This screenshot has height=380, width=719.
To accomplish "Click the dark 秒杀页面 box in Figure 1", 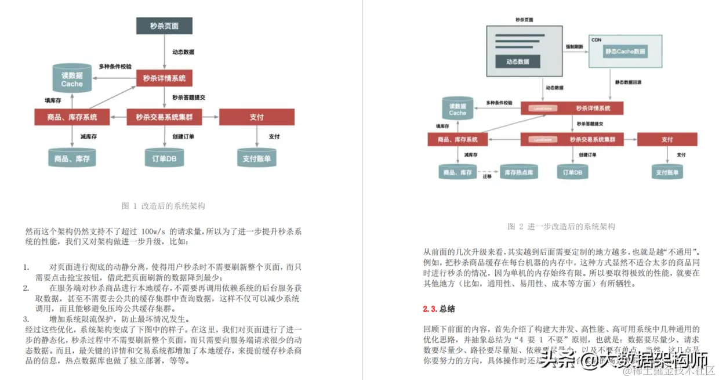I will click(x=164, y=26).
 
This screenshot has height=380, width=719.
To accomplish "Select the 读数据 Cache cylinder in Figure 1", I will click(x=72, y=79).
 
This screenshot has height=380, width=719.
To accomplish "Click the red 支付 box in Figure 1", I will click(x=256, y=117).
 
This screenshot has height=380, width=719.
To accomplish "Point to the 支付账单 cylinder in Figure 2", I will click(x=667, y=172).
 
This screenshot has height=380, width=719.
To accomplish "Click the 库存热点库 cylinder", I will click(x=518, y=172).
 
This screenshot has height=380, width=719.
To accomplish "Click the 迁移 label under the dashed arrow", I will click(x=487, y=177).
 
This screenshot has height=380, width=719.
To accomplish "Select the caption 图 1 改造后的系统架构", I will click(x=164, y=206).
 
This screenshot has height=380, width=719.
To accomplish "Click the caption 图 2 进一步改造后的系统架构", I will click(x=561, y=226).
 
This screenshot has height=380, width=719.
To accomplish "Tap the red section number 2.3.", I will click(x=430, y=309).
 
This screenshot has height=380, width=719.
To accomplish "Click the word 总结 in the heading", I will click(x=447, y=309).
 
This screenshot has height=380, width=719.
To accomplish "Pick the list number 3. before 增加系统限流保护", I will click(x=26, y=319).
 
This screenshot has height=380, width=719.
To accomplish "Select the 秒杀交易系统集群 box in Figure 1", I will click(x=164, y=117).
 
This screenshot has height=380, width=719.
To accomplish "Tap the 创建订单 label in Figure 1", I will click(x=183, y=137).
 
